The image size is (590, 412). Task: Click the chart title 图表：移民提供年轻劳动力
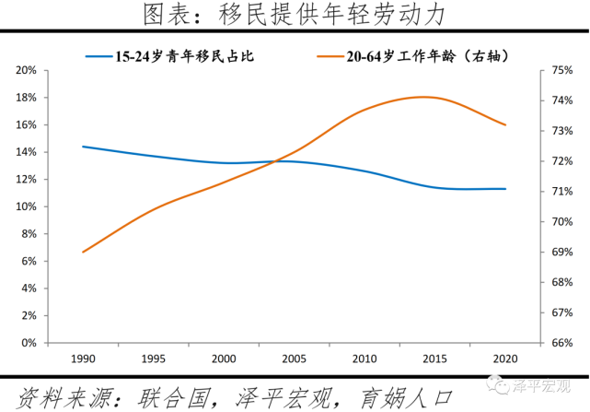(x=295, y=15)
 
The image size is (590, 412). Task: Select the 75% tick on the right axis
(x=538, y=70)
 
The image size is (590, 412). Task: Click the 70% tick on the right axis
(x=538, y=222)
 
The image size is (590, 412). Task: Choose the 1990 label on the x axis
(x=83, y=358)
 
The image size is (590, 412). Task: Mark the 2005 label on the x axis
(x=295, y=358)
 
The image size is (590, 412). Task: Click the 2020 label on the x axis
(x=505, y=358)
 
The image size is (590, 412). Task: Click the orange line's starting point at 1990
(x=83, y=252)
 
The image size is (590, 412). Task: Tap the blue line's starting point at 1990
(x=83, y=147)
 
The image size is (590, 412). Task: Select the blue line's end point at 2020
(x=505, y=189)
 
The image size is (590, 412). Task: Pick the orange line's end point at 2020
(x=505, y=124)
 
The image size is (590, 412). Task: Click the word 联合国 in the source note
(x=170, y=397)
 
